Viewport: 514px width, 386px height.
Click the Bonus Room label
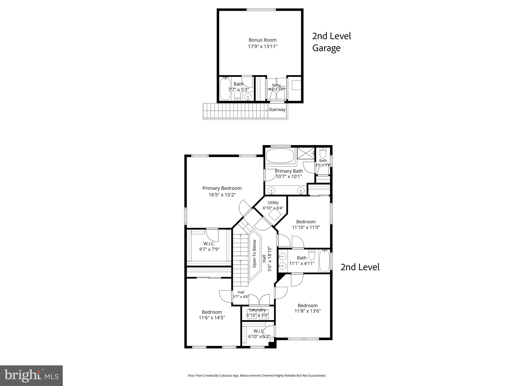click(263, 40)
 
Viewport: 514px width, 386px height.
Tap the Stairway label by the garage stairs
click(277, 110)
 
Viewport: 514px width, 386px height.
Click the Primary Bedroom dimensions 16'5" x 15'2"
click(222, 195)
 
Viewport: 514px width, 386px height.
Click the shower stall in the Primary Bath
click(306, 153)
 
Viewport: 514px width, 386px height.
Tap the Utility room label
click(273, 203)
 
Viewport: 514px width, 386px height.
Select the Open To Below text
click(254, 254)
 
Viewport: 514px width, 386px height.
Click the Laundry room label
click(258, 310)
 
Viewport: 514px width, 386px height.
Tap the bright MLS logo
click(31, 375)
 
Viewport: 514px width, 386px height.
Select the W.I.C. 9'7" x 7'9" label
click(209, 246)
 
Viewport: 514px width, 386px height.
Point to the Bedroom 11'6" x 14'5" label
click(212, 315)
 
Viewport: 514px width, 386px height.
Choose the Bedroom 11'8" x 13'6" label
click(307, 308)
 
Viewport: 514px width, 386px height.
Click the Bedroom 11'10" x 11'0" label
click(306, 224)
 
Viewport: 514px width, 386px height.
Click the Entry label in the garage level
click(276, 85)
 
